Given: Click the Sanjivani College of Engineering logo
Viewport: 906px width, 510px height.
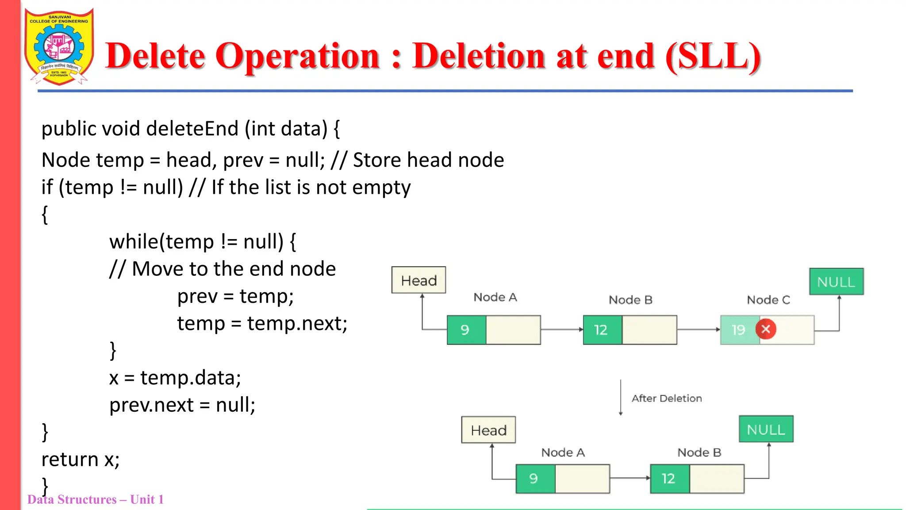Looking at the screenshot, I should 59,46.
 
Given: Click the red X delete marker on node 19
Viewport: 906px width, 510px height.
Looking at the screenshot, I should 766,329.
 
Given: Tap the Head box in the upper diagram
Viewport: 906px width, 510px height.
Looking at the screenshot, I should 418,280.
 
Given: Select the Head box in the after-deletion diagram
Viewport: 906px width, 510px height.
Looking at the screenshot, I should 488,430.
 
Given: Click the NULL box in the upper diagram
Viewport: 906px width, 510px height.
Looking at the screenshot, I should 836,282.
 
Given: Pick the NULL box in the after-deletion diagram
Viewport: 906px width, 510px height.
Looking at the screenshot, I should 766,429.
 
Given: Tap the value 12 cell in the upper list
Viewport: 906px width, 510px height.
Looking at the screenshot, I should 602,330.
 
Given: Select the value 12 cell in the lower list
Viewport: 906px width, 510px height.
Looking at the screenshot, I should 669,479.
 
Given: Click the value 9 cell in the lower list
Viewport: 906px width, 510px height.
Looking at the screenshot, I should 535,479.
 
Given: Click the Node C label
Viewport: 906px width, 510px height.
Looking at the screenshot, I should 768,300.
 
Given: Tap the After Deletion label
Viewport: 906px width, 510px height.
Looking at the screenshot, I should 666,398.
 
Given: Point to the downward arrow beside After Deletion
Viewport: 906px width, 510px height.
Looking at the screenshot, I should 621,397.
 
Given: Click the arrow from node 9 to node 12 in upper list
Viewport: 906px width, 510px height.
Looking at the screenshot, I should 561,329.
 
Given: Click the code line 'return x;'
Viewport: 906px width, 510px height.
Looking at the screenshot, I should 81,460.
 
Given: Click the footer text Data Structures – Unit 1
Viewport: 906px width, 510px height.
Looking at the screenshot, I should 96,499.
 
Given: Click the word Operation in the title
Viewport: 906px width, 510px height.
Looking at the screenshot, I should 297,56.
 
